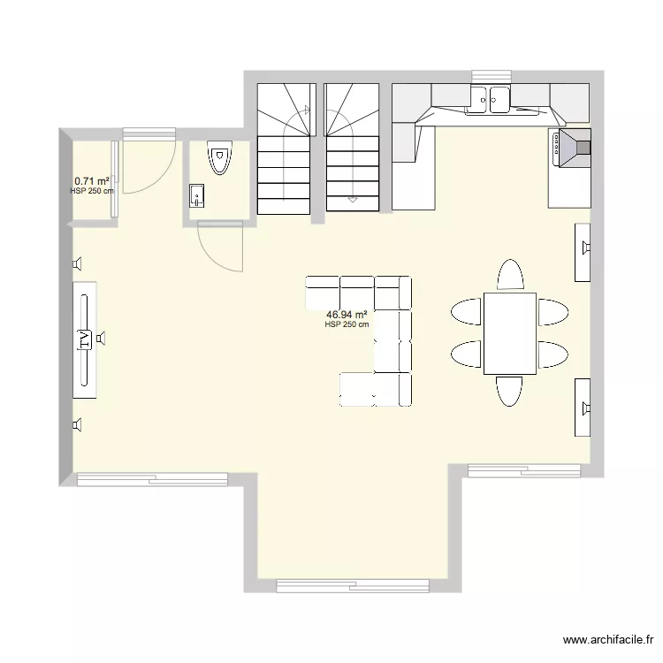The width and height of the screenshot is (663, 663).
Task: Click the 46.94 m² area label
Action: coord(347,314)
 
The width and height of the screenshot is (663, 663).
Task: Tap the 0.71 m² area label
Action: coord(92,180)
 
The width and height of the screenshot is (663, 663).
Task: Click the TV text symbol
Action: coord(85,339)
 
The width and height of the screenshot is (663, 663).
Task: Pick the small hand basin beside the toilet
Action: coord(197,195)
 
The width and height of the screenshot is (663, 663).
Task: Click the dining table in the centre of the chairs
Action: coord(509,333)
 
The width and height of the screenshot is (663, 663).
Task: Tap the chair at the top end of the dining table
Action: coord(510,275)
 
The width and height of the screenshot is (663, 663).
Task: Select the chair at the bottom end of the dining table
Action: coord(509,391)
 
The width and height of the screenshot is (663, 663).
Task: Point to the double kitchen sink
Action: coord(489,99)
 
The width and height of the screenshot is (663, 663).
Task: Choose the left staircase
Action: coord(284,149)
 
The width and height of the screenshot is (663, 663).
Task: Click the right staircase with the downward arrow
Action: coord(352,149)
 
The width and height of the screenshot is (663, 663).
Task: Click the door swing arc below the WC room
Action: coord(221,248)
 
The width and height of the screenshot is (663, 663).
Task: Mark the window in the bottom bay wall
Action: coord(353,584)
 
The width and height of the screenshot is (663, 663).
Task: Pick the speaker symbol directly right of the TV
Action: coord(102,337)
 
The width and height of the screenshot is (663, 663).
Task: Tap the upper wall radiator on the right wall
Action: coord(583,251)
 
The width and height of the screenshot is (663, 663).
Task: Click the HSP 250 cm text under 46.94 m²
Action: coord(347,324)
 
